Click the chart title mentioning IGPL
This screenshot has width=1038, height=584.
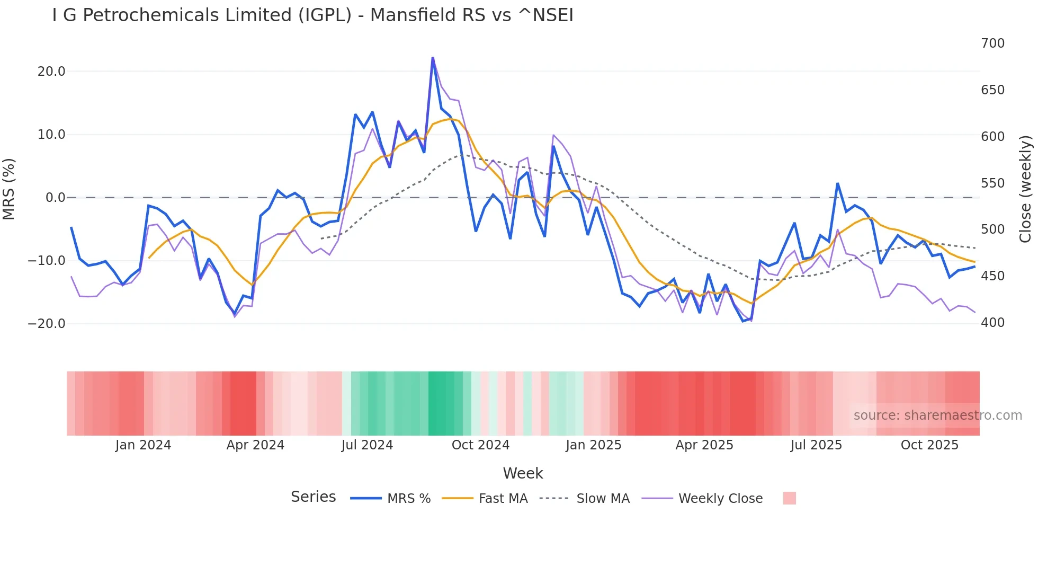click(312, 15)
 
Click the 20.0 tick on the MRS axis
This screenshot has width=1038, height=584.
click(51, 72)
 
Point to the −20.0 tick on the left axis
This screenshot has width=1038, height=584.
click(47, 324)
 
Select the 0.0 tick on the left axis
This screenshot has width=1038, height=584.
click(55, 198)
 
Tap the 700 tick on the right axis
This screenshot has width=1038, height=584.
click(992, 43)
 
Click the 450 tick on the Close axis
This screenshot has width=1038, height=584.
click(992, 276)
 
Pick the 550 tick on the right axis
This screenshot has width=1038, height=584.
click(992, 183)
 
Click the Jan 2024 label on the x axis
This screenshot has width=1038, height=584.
click(143, 445)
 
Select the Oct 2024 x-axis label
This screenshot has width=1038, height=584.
click(480, 445)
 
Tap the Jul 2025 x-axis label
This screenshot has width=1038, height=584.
click(816, 445)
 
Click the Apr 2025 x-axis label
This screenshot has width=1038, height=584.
click(704, 445)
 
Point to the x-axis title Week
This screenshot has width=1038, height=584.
click(523, 473)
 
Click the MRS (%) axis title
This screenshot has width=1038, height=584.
click(9, 189)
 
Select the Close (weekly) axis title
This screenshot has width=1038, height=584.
click(1025, 189)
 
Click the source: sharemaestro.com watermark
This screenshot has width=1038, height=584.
click(937, 415)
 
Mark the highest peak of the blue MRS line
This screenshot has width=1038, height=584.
click(433, 58)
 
